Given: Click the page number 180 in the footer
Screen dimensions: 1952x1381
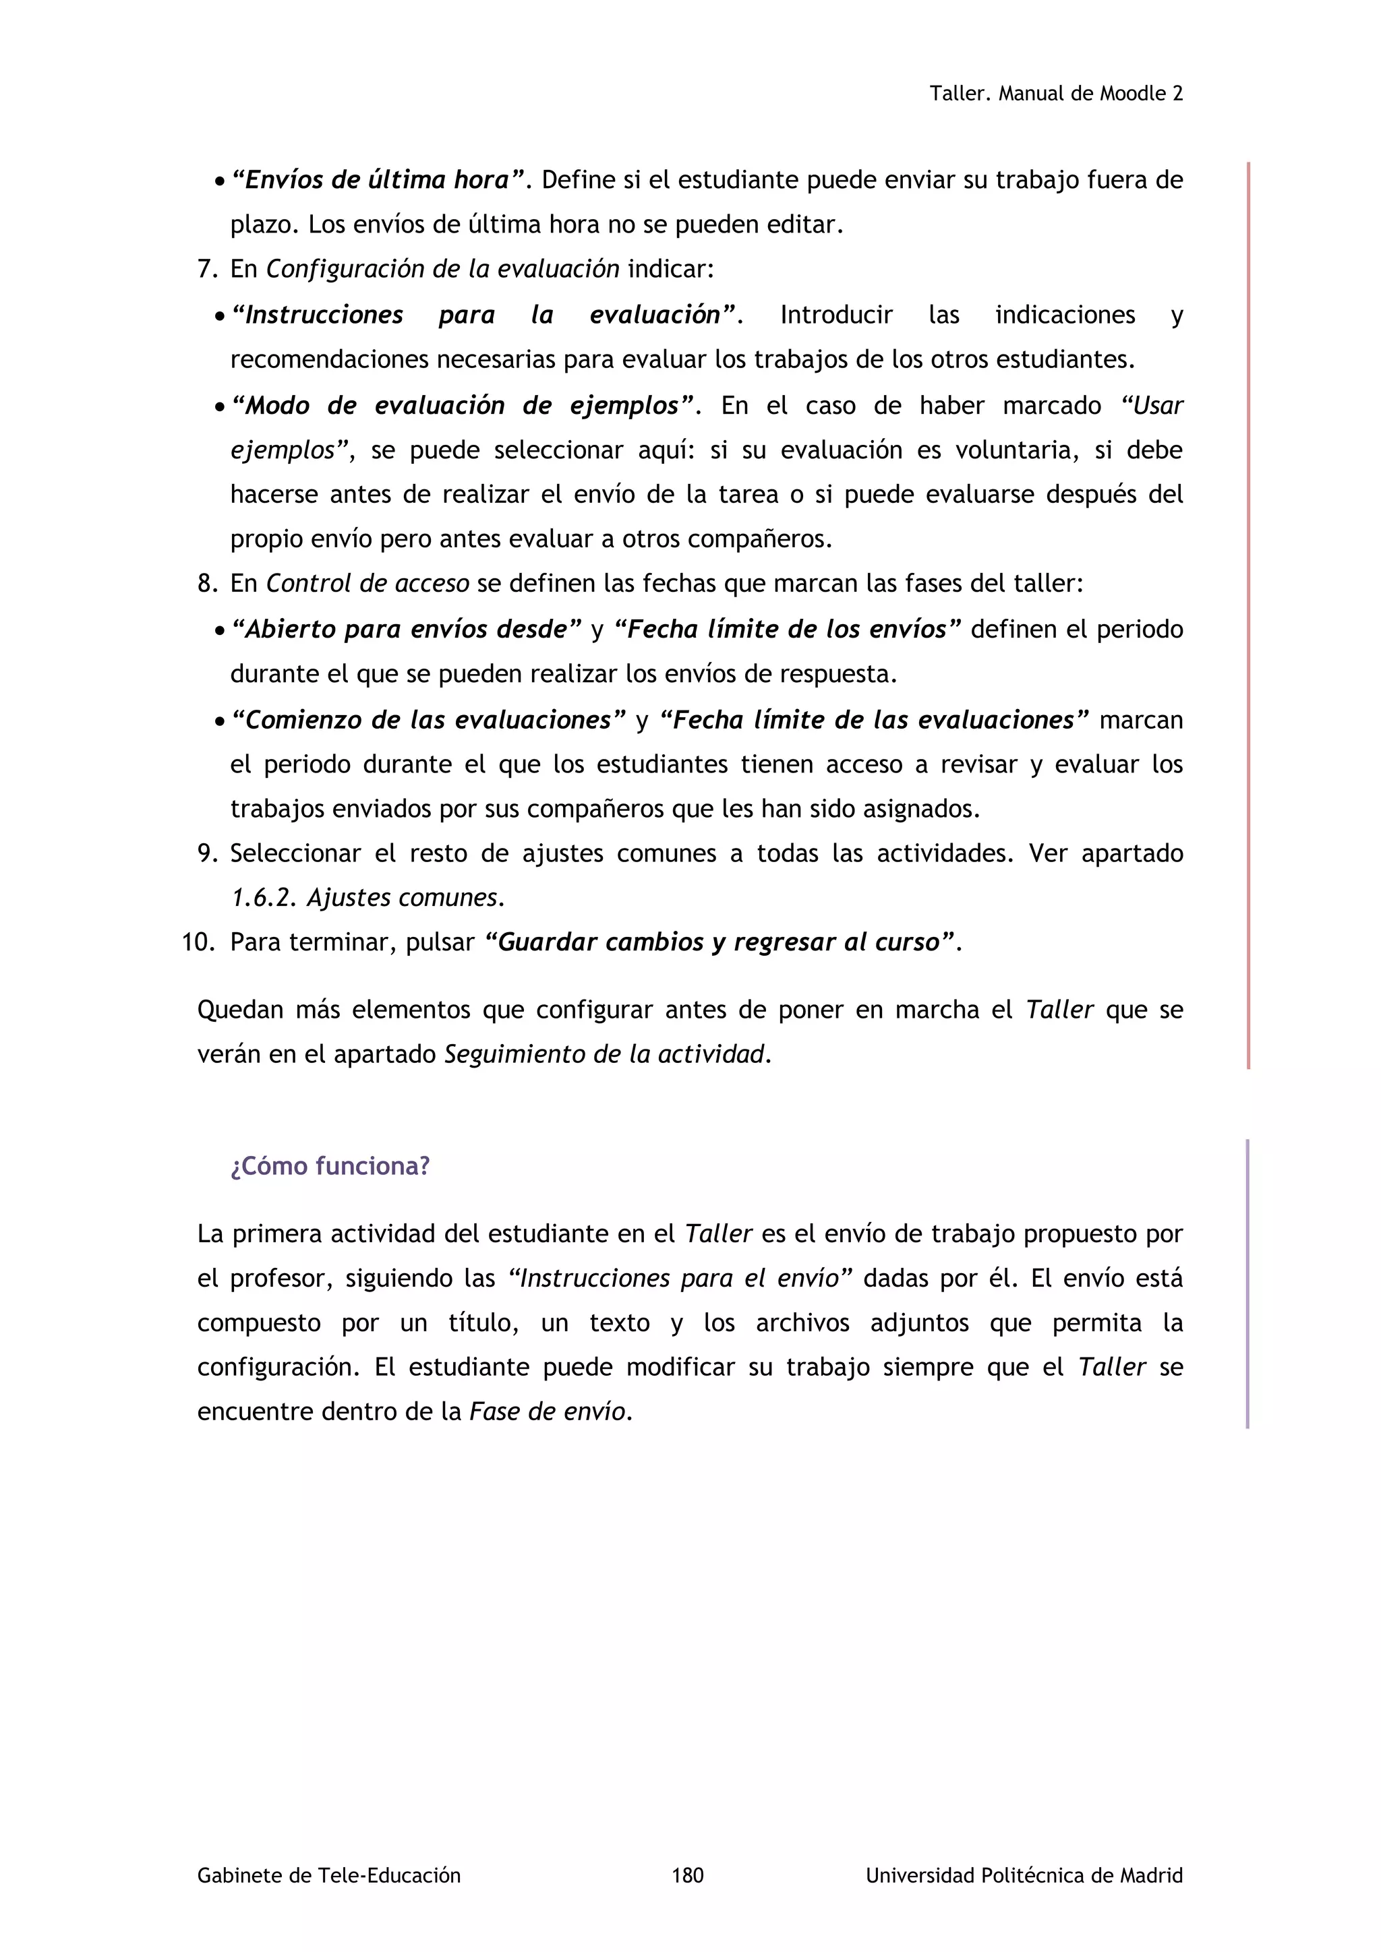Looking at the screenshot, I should pos(687,1874).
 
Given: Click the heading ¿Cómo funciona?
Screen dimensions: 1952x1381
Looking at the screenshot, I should pos(330,1165).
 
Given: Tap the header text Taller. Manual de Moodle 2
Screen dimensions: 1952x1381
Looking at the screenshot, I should pos(1055,94).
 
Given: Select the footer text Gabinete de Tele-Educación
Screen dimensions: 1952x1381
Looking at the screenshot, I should pos(328,1874).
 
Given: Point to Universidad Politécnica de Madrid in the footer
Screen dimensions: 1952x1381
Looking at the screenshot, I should pos(1024,1874).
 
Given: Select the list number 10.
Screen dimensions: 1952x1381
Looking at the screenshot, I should pos(199,943).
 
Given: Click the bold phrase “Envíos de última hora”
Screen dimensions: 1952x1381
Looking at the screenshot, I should pos(378,180).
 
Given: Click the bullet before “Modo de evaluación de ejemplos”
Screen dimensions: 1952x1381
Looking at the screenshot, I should pos(219,407).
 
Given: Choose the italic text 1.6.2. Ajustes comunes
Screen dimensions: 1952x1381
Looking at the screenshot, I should pos(367,898).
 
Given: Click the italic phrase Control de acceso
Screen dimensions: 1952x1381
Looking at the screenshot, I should pos(368,584).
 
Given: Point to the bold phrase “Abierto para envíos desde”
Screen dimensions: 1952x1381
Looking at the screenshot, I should pos(406,630).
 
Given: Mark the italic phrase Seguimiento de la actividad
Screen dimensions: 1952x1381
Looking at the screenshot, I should pos(606,1054).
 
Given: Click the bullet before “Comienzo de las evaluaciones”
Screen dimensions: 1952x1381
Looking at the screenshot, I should pos(219,722).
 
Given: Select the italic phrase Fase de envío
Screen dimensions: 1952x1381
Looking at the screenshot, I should pos(548,1412).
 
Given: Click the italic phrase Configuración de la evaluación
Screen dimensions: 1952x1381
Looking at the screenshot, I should pos(442,270).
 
